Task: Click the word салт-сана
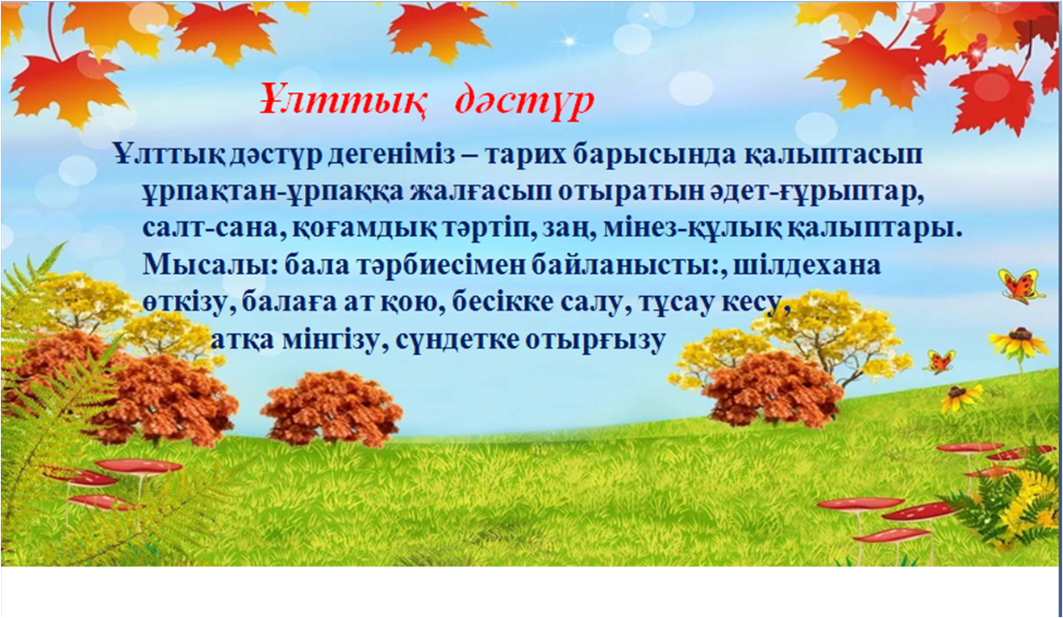pos(214,230)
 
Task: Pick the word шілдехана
pos(807,265)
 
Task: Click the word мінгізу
pos(331,340)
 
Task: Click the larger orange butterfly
pos(1021,286)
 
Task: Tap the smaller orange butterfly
pos(940,361)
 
